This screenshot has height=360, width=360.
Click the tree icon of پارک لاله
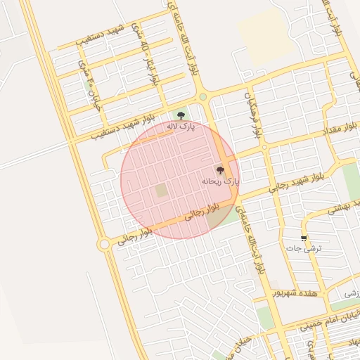tap(181, 115)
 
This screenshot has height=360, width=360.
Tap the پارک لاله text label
tap(181, 126)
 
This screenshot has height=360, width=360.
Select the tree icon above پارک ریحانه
tap(220, 170)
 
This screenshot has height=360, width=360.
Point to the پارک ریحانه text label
tap(220, 181)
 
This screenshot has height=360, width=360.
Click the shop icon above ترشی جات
tap(304, 238)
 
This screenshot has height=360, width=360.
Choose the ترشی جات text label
tap(308, 249)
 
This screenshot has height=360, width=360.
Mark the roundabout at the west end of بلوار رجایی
tap(105, 244)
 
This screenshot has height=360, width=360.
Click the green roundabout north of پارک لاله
tap(203, 97)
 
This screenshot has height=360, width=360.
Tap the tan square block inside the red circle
tap(162, 191)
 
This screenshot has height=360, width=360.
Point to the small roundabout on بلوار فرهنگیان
tap(264, 148)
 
